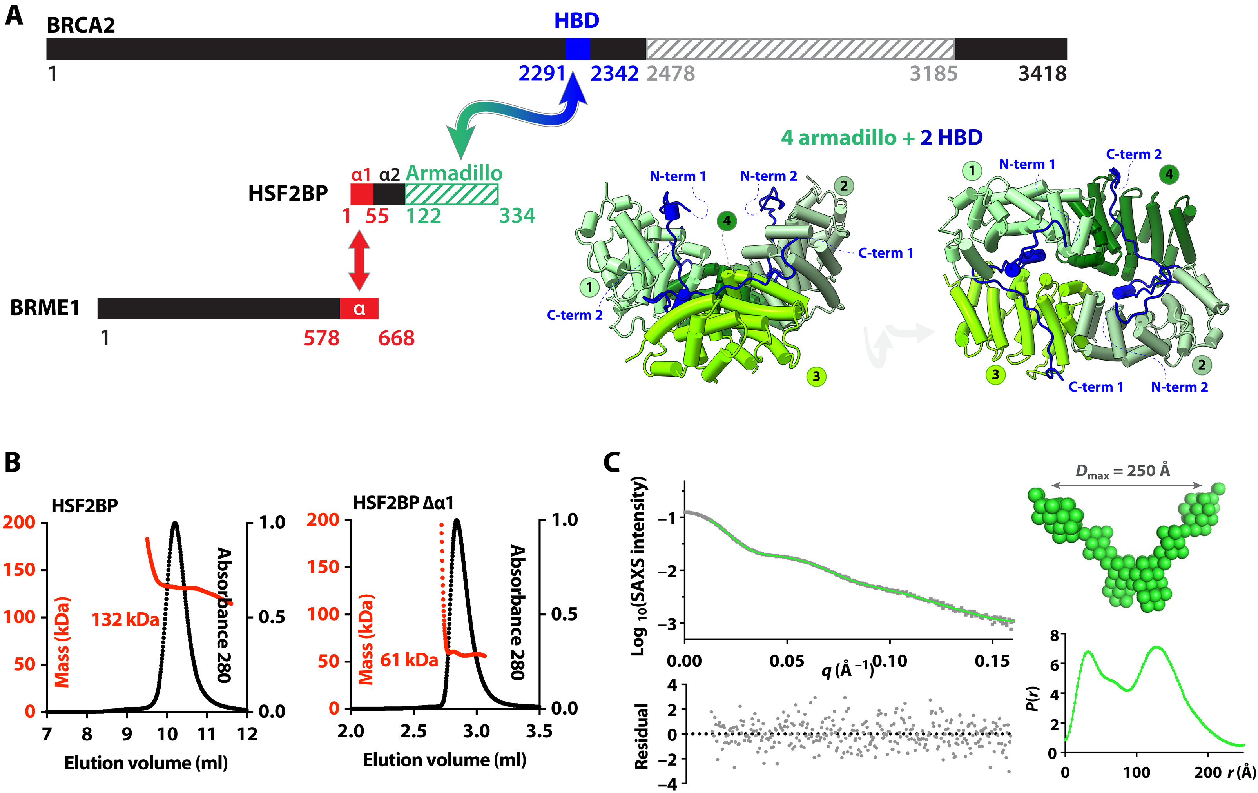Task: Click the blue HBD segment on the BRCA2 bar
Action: tap(577, 49)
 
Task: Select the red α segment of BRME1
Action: tap(359, 309)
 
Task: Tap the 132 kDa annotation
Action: tap(125, 620)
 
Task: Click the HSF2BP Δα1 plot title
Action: tap(403, 503)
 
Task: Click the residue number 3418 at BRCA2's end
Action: tap(1042, 74)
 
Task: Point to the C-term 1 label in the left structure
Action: tap(886, 253)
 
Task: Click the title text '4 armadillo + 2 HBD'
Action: tap(881, 138)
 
